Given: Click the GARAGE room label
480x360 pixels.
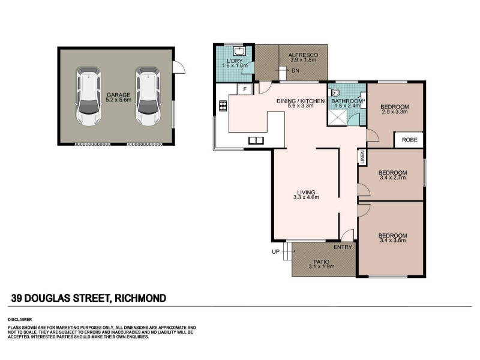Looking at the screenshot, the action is tap(118, 95).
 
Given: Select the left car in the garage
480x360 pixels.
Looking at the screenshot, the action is tap(88, 97).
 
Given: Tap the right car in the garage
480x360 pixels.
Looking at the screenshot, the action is tap(148, 97).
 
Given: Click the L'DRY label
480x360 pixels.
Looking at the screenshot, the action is tap(235, 61).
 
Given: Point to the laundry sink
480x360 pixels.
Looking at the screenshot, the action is tap(238, 50).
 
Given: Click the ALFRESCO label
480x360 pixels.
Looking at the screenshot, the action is tap(303, 55).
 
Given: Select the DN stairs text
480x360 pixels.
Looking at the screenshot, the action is tap(295, 71).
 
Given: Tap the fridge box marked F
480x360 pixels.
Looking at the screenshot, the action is tap(245, 89).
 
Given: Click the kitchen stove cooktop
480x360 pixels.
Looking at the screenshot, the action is tap(223, 106).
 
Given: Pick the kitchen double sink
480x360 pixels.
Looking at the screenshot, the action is tap(256, 140).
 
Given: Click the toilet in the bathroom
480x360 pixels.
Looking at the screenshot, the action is tap(335, 92).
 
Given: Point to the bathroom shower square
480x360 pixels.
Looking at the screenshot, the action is tap(337, 117).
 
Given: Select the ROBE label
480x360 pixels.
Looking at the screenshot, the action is tap(410, 140).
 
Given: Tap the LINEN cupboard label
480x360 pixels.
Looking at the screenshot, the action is tap(362, 157).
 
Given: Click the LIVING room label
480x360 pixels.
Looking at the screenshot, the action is tap(306, 193).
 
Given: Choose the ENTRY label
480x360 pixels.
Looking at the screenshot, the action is tap(343, 247).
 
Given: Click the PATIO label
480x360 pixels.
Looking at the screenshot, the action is tap(322, 262).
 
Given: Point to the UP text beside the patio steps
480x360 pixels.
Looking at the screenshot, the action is tap(275, 251).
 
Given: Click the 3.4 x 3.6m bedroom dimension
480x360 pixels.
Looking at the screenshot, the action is tap(393, 241).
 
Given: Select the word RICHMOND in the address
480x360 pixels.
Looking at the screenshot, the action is tap(140, 298).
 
